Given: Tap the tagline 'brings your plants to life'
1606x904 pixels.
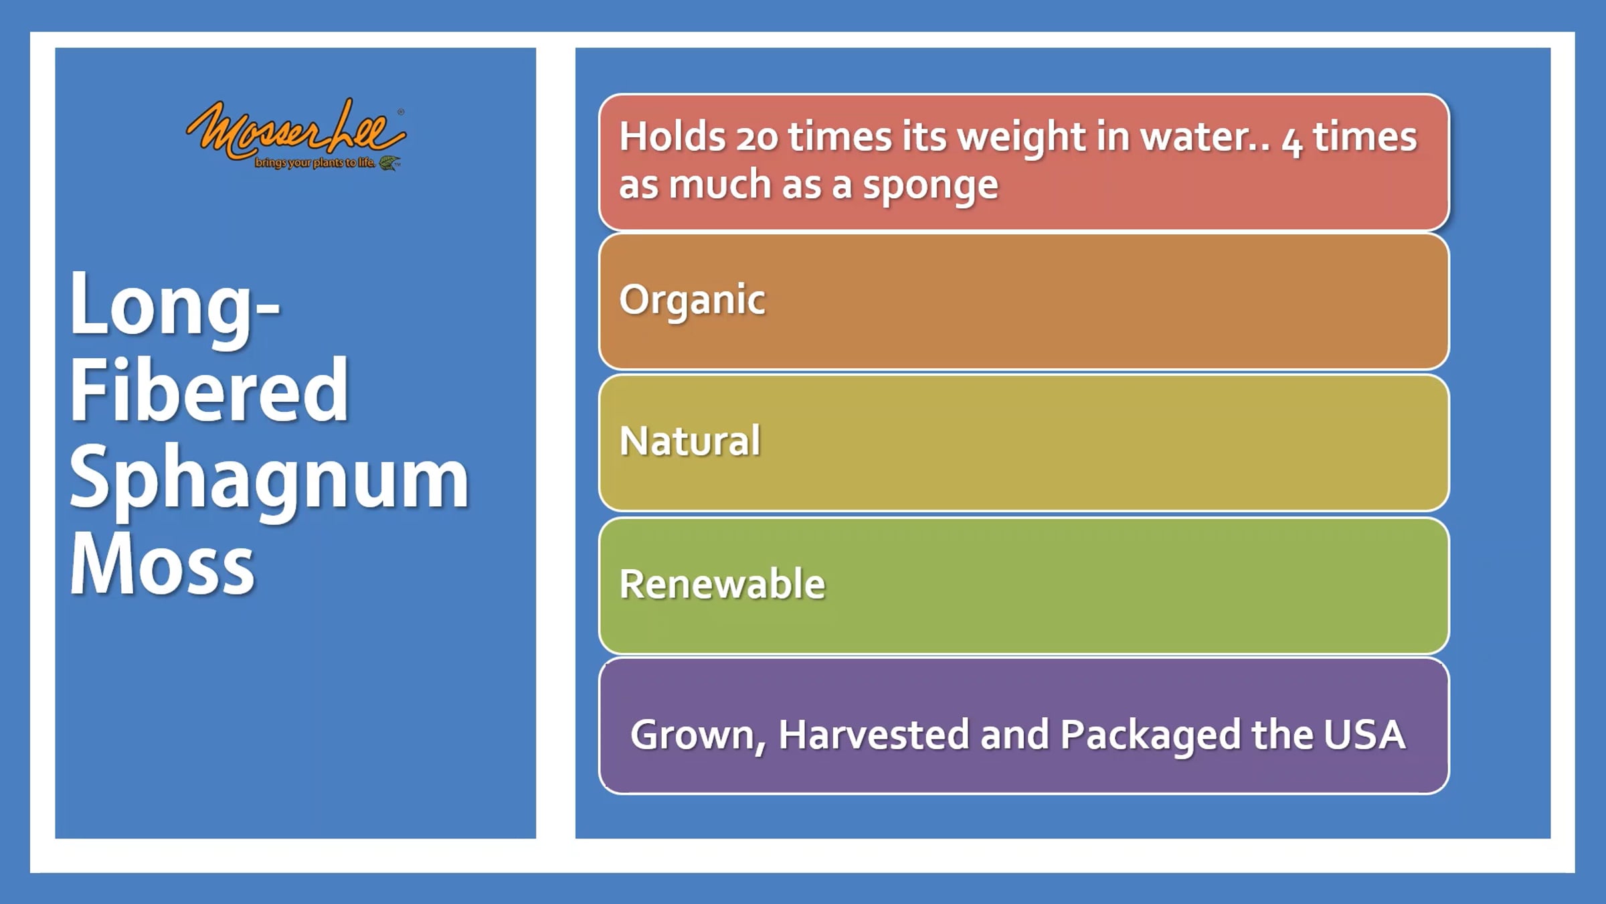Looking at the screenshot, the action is click(x=315, y=163).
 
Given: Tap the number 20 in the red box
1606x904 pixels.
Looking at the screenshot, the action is click(x=757, y=138).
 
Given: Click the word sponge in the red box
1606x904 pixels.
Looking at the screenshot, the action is click(x=930, y=186).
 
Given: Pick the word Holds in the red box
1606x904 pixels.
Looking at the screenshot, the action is click(x=673, y=137).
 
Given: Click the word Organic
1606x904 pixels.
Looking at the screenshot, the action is click(x=692, y=301).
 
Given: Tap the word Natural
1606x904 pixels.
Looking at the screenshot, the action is click(x=690, y=441).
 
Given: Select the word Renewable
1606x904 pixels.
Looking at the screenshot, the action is click(x=722, y=583).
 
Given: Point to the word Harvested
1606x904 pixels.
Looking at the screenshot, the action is click(x=874, y=735).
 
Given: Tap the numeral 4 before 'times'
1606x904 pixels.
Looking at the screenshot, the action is click(x=1292, y=141).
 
